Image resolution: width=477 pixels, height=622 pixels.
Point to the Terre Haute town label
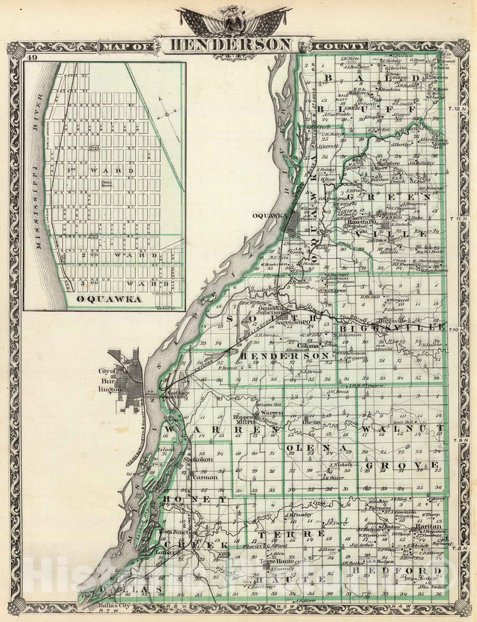[275, 562]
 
